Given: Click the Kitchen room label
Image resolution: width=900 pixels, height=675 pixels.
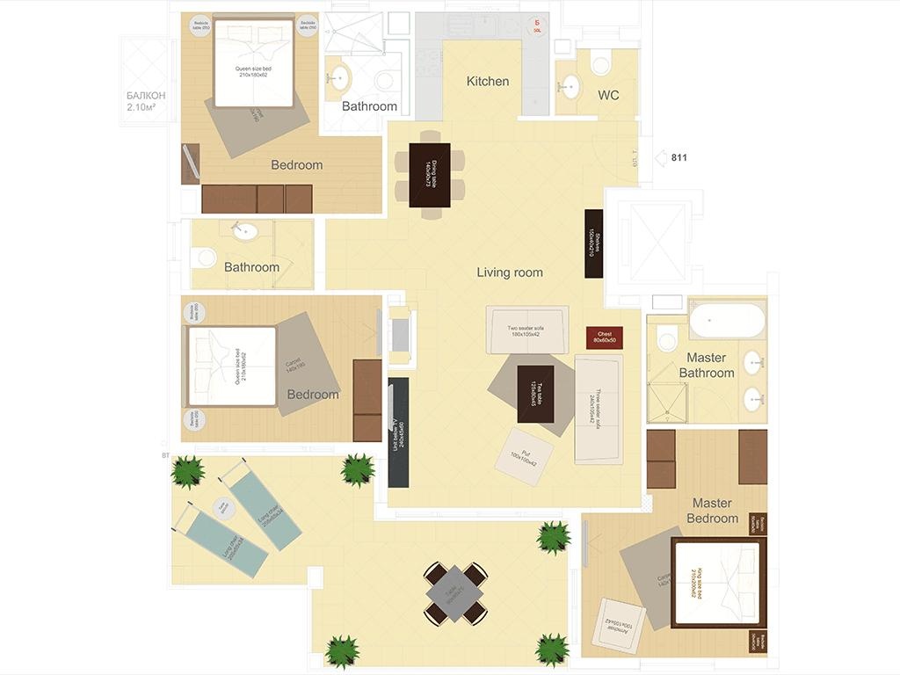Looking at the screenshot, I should click(x=487, y=82).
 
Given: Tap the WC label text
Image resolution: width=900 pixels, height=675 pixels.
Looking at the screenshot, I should click(x=608, y=95).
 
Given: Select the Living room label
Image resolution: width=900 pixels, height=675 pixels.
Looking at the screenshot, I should click(x=510, y=272).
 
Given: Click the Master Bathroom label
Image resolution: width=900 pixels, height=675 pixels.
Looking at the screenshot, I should click(x=706, y=366).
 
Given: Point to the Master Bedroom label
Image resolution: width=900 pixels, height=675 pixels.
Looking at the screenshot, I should click(x=712, y=511).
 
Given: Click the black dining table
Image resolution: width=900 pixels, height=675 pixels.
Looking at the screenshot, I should click(x=430, y=175).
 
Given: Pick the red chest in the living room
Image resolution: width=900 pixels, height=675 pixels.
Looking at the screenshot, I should click(x=605, y=337).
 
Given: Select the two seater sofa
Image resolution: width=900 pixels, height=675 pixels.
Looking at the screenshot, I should click(x=527, y=330).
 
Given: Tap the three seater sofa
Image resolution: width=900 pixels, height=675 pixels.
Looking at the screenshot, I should click(x=599, y=409).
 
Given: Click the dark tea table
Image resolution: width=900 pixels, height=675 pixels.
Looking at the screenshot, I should click(x=535, y=394).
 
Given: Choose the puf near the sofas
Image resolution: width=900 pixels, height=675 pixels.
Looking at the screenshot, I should click(x=524, y=457).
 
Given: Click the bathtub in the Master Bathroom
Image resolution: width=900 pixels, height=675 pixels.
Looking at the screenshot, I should click(x=727, y=321).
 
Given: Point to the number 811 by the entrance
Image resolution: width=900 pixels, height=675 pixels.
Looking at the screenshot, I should click(x=679, y=158).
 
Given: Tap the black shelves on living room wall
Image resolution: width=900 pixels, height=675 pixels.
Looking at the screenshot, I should click(x=594, y=243).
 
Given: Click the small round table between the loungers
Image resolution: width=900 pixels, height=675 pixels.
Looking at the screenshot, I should click(x=222, y=506).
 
